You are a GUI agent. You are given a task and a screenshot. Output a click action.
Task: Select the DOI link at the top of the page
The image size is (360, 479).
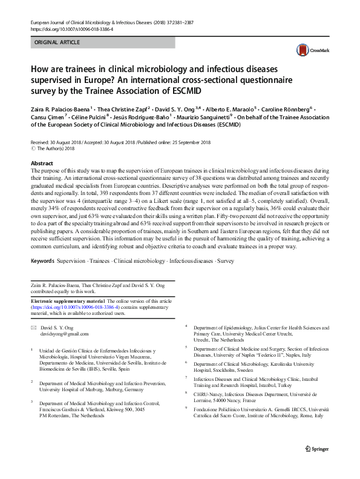pos(71,28)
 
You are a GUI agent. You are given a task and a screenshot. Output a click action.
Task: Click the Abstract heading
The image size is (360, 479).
pos(42,164)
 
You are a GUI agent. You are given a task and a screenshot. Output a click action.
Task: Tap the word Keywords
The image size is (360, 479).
pos(42,261)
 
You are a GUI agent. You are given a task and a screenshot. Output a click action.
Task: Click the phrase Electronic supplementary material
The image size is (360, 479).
pos(68,301)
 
